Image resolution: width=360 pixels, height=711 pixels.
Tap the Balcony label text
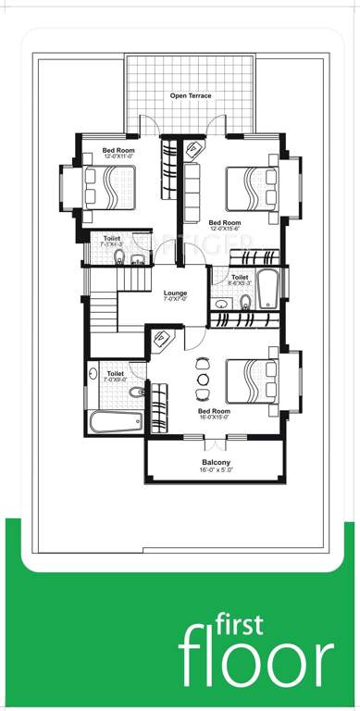[x=217, y=462]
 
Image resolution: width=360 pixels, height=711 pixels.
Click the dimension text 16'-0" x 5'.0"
[x=217, y=471]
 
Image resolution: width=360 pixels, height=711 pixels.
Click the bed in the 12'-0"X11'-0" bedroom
[x=109, y=190]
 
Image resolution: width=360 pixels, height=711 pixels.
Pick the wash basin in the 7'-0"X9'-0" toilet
[x=94, y=375]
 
